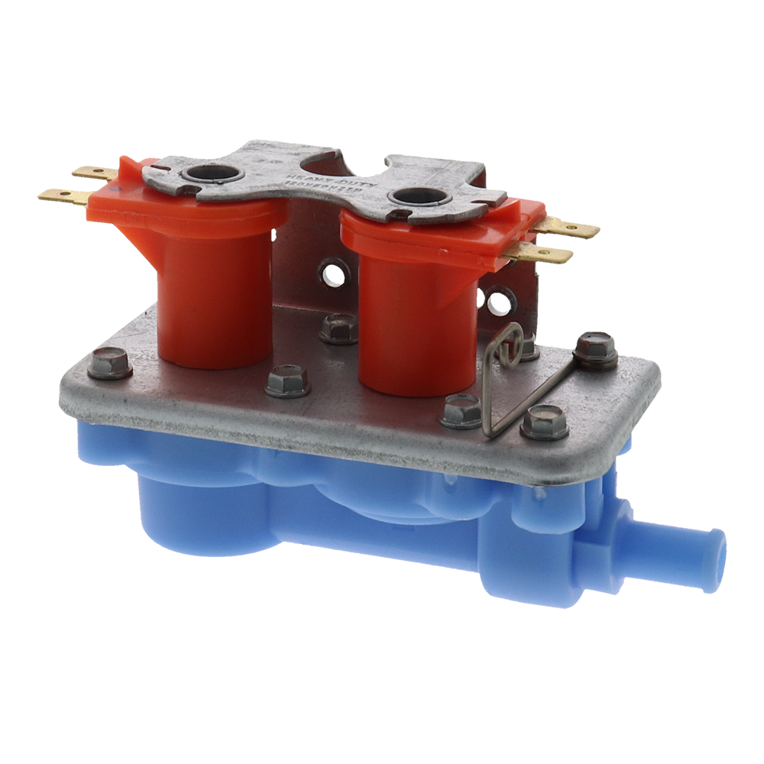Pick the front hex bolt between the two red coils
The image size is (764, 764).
click(x=287, y=381)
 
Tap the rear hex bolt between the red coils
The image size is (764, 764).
click(x=338, y=329)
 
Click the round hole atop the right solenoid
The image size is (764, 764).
click(x=418, y=196)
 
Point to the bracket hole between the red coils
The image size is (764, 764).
click(x=333, y=273)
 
